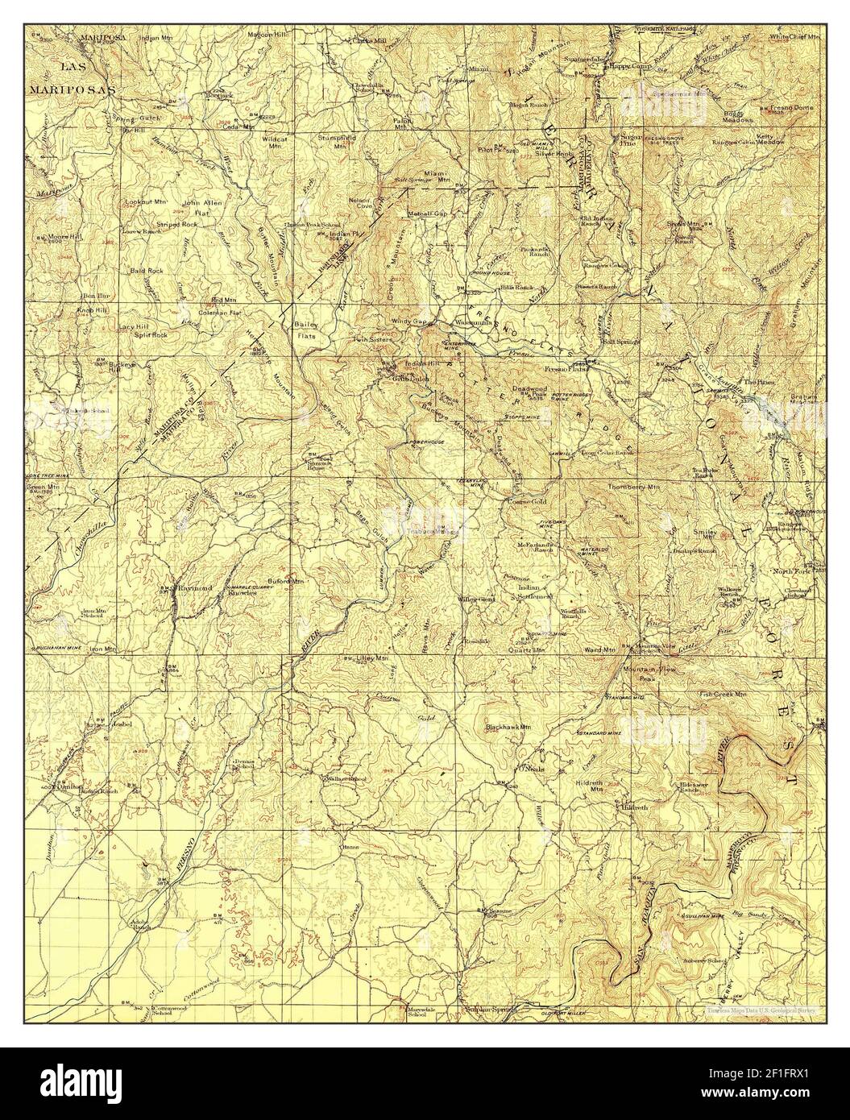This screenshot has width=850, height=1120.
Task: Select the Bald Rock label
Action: (x=147, y=271)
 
